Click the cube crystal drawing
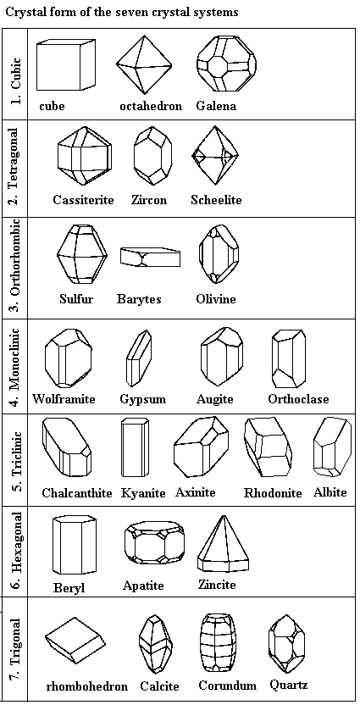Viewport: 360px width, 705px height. [66, 64]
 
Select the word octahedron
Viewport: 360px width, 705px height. [151, 107]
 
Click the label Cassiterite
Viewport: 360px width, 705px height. [84, 200]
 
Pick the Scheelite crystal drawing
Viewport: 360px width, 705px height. [215, 156]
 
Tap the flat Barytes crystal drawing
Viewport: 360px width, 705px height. [150, 256]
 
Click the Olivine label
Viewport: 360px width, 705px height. [216, 298]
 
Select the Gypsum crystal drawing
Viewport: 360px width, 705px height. [138, 358]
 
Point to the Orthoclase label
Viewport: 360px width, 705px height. [298, 399]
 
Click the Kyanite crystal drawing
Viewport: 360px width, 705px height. [135, 447]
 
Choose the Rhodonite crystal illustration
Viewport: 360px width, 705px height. [268, 447]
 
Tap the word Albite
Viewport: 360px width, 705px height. [330, 492]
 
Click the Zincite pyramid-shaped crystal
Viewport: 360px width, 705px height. [224, 544]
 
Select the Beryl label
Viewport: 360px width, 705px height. [69, 588]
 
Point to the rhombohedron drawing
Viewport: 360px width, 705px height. [75, 641]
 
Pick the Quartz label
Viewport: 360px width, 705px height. [289, 685]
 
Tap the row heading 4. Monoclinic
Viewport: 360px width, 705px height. [15, 366]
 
